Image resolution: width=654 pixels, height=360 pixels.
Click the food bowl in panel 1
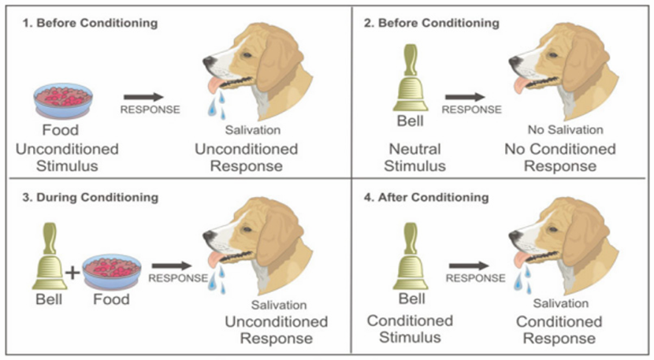[63, 100]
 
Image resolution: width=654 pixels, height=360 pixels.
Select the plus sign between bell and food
[72, 273]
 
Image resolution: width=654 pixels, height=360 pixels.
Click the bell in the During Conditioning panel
[50, 256]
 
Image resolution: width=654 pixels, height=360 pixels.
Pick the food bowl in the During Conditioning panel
[112, 272]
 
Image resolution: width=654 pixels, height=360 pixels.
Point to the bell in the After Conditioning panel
[411, 256]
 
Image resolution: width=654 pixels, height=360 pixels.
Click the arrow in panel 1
[144, 97]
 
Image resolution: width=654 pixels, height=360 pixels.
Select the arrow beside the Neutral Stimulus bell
[465, 97]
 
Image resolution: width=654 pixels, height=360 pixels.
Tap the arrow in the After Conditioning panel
[469, 265]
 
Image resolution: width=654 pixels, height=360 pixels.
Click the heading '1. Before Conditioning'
[90, 23]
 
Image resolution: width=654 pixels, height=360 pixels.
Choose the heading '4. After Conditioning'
[426, 197]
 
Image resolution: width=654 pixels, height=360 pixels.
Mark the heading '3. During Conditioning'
[91, 197]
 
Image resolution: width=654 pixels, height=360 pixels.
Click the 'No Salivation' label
[566, 130]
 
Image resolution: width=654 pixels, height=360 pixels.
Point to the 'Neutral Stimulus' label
[415, 158]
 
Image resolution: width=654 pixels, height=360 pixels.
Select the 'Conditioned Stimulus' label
[410, 328]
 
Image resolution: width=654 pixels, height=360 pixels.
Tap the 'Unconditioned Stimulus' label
[67, 158]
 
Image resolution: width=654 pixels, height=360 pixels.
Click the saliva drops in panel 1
[217, 105]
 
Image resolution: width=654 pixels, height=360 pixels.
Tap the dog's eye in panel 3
[247, 229]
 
